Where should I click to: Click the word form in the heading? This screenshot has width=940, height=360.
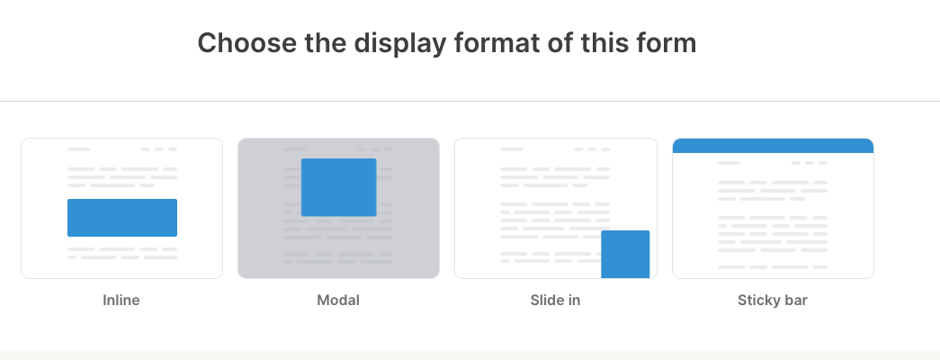point(668,42)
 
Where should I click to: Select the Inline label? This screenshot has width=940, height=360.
point(121,301)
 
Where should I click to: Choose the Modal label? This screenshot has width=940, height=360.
point(338,301)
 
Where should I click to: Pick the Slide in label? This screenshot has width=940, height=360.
point(555,301)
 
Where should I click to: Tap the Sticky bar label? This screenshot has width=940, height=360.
point(772,301)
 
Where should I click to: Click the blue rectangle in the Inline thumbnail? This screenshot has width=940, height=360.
point(122,218)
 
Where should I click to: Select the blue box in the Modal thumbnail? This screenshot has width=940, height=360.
point(338,187)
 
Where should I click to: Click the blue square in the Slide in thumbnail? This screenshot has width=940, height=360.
point(625,254)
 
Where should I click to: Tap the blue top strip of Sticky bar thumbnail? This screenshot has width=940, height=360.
point(773,146)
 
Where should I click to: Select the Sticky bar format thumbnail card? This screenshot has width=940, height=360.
point(773,216)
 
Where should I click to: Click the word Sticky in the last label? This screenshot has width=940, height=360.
point(758,301)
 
